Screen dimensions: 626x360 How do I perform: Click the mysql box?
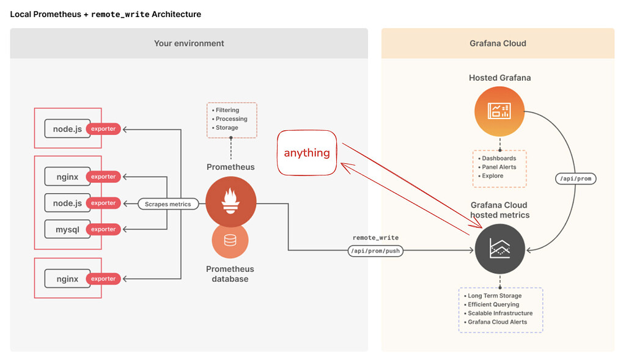tap(67, 229)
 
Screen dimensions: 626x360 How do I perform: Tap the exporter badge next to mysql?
tap(103, 229)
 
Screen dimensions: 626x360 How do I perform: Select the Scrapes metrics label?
tap(168, 204)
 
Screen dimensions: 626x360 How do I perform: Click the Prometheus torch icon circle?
tap(230, 202)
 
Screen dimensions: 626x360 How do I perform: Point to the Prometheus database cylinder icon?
tap(230, 240)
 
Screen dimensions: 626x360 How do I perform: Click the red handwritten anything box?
tap(307, 153)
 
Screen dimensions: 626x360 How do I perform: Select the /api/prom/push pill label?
tap(375, 251)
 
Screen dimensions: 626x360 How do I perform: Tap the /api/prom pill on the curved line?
tap(576, 178)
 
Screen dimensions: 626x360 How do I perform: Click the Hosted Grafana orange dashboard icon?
tap(499, 111)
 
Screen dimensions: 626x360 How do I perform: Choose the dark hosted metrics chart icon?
tap(500, 249)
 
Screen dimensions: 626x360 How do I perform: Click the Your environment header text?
tap(190, 43)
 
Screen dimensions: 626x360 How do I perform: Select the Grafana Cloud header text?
tap(498, 43)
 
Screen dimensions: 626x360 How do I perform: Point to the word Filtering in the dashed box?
tap(227, 110)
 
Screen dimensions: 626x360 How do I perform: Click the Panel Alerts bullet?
tap(497, 167)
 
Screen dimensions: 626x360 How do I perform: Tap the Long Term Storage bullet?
tap(493, 296)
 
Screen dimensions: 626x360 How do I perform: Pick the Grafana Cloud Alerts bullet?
tap(495, 322)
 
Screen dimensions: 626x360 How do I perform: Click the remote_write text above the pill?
tap(376, 238)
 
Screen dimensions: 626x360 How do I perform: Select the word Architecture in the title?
tap(177, 15)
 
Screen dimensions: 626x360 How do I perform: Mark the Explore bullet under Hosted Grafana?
tap(491, 176)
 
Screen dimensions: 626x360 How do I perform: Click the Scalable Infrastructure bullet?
tap(498, 314)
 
